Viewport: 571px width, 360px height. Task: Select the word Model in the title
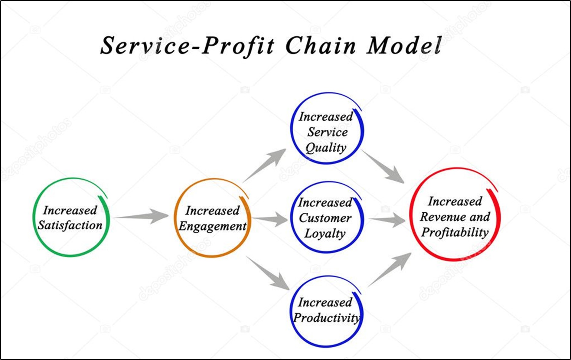(x=404, y=46)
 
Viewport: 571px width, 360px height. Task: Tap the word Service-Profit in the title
(x=188, y=46)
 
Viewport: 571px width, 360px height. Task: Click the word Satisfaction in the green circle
(x=70, y=225)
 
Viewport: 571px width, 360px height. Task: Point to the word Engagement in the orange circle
(x=212, y=226)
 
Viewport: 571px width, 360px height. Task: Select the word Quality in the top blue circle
(x=326, y=148)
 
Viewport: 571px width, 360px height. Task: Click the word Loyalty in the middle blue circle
(x=325, y=234)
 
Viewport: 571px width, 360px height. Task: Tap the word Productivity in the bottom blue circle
(x=327, y=318)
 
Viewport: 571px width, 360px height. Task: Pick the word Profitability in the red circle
(x=455, y=233)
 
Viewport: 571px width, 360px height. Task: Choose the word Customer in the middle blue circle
(x=325, y=218)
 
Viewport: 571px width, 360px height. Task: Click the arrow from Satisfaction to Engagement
(x=142, y=216)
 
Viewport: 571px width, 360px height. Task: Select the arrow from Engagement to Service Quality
(x=265, y=165)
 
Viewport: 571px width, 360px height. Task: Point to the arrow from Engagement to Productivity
(x=268, y=272)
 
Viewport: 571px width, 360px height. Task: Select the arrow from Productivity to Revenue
(x=390, y=269)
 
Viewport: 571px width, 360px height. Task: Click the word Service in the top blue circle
(x=328, y=132)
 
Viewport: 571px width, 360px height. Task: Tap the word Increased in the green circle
(x=70, y=210)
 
